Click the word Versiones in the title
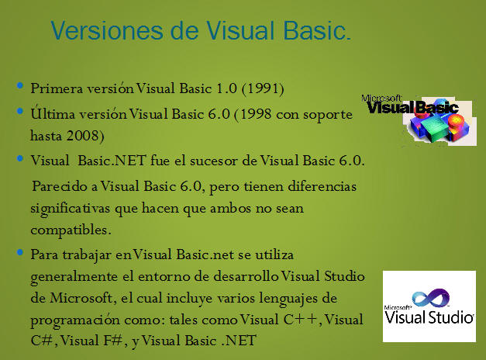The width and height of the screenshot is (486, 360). [107, 31]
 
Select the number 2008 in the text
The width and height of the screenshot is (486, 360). [82, 136]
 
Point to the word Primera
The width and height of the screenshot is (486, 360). [57, 88]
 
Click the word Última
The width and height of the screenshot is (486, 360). [53, 113]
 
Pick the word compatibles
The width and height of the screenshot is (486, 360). [71, 230]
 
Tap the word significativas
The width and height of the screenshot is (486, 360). [70, 209]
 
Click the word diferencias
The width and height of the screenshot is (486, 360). [322, 186]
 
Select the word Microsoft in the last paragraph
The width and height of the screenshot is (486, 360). [81, 298]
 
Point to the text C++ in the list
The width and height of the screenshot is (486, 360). [301, 320]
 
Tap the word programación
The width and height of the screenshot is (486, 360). [75, 320]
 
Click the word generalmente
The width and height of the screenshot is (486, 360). [74, 277]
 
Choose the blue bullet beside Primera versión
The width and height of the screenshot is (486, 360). [20, 85]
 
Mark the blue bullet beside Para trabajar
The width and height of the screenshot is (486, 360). [20, 251]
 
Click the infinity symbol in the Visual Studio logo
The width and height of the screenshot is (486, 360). [431, 297]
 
